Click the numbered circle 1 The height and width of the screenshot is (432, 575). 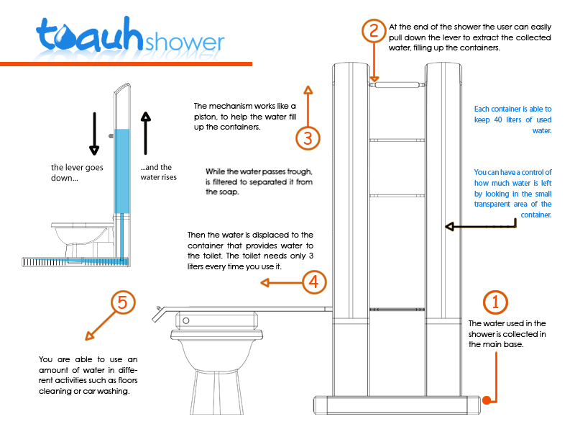point(495,302)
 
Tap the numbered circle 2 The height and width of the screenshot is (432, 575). point(372,30)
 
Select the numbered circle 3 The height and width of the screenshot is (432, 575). point(308,137)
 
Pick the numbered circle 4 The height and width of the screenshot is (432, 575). point(310,282)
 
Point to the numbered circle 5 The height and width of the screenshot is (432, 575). point(122,303)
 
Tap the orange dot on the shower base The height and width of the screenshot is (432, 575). point(487,400)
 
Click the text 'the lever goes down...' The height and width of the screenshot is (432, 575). point(77,172)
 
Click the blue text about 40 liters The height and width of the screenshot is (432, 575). point(512,120)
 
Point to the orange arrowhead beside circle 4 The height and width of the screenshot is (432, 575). point(263,284)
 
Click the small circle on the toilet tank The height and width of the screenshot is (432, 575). point(185,319)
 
